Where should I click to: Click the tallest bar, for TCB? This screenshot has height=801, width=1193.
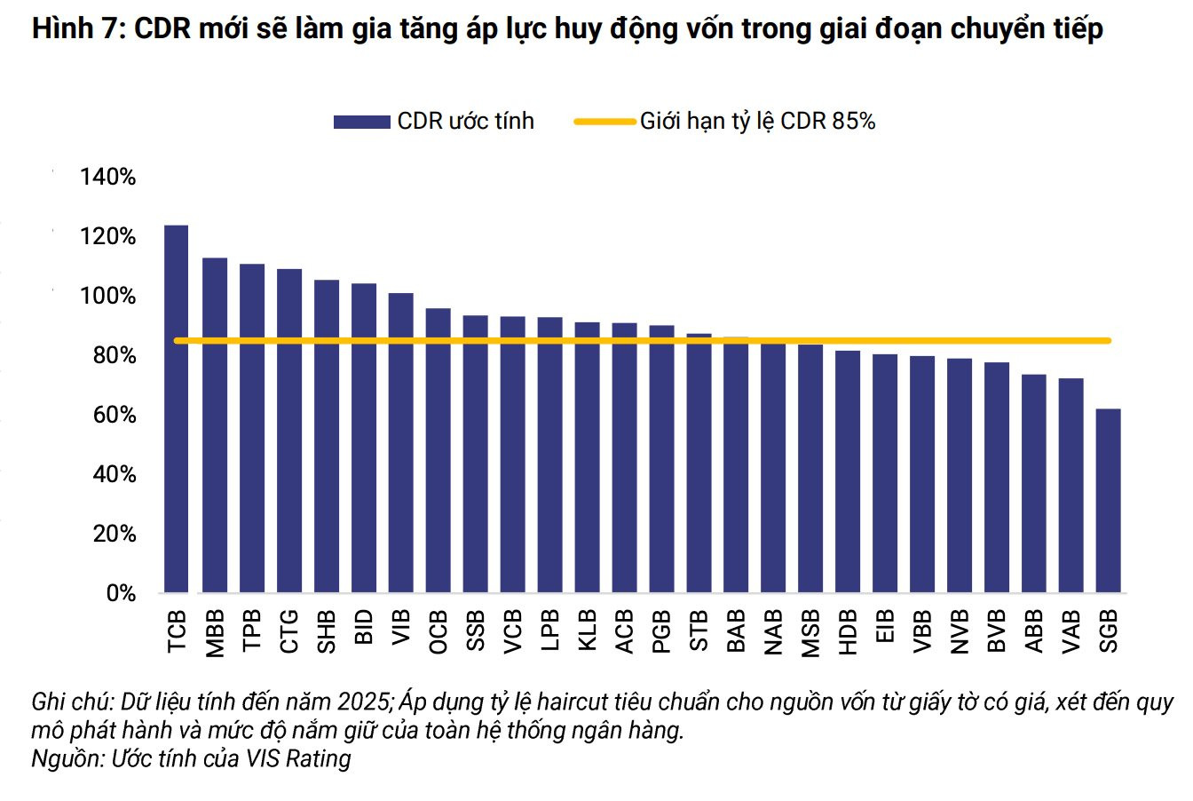[176, 408]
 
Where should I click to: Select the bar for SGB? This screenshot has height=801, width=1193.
[1108, 501]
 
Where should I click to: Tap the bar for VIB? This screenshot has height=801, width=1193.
[400, 443]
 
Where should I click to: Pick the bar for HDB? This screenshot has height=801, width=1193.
[848, 472]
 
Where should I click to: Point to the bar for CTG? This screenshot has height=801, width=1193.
[289, 431]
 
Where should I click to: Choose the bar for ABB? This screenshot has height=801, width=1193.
[1033, 483]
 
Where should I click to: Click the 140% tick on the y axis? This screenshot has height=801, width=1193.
[107, 177]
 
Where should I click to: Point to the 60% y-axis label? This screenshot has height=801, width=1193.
[114, 415]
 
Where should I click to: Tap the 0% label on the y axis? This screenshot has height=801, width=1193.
[121, 593]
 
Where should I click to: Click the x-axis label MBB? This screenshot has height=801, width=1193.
[215, 634]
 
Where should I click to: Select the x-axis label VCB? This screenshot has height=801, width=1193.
[512, 632]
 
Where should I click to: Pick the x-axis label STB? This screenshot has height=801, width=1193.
[699, 631]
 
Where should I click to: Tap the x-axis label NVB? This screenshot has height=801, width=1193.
[959, 632]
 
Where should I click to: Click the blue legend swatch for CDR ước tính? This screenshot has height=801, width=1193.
[361, 122]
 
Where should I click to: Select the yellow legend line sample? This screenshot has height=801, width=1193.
[604, 122]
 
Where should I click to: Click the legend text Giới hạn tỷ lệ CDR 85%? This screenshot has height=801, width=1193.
[757, 122]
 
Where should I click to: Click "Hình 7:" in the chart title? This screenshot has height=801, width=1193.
[78, 28]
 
